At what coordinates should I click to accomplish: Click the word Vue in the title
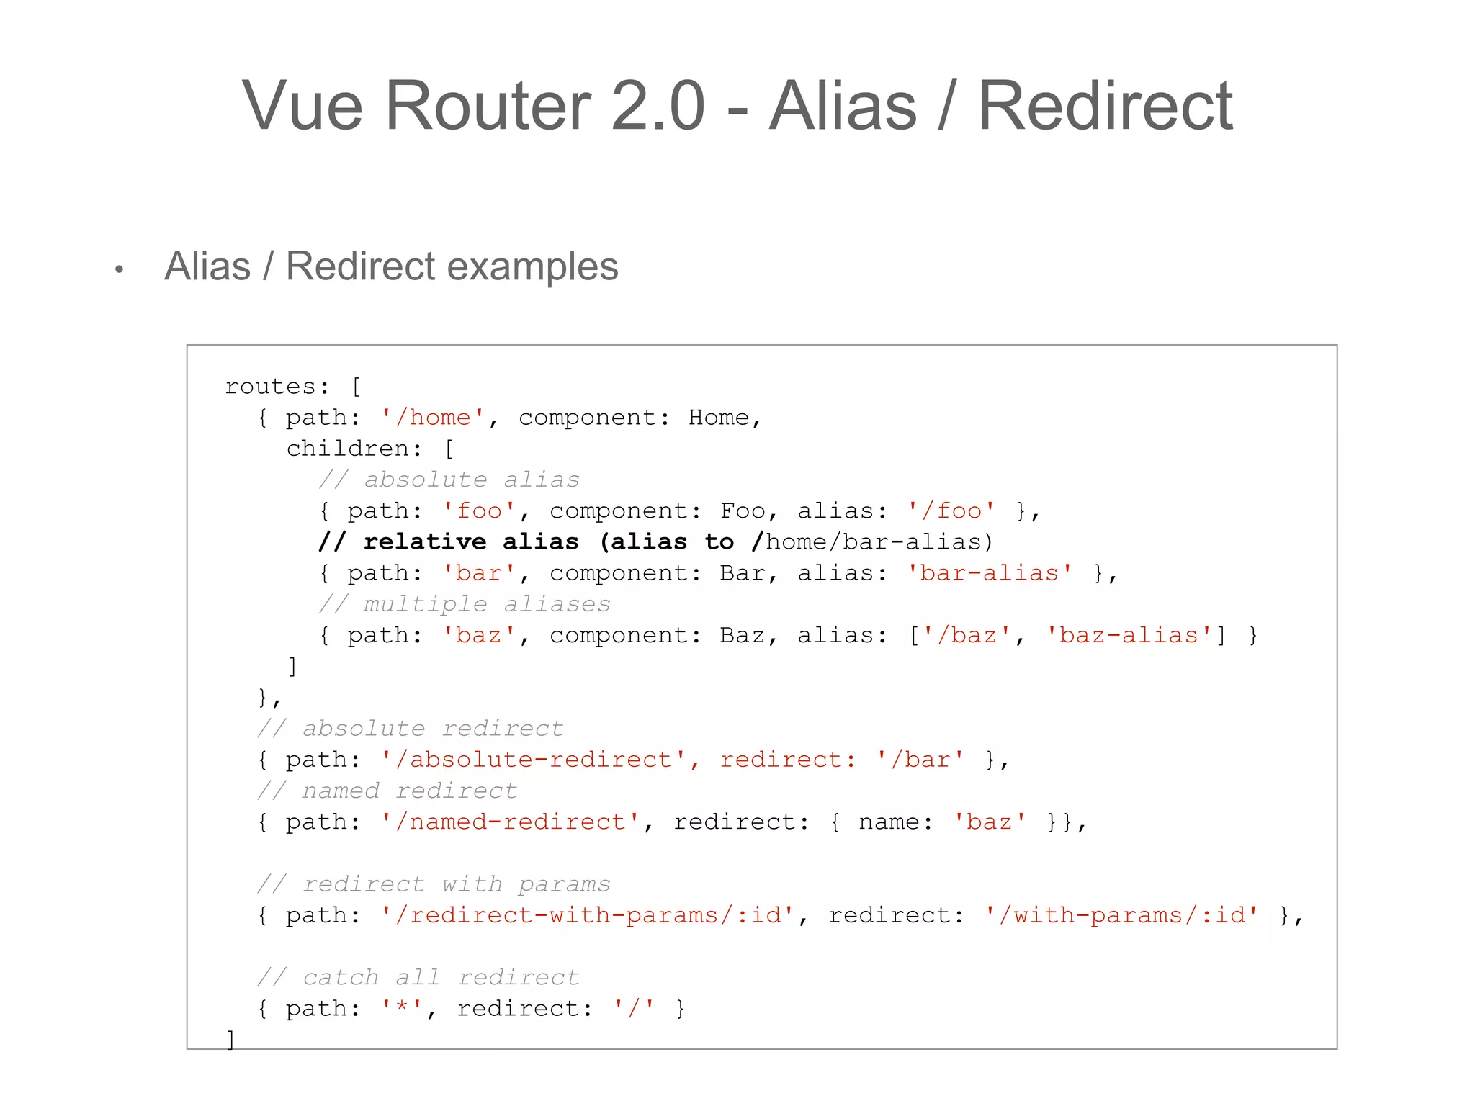(x=302, y=106)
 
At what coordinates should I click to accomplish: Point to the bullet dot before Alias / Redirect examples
(x=120, y=270)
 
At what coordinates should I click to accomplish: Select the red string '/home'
(x=433, y=418)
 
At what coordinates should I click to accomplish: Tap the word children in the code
(x=348, y=449)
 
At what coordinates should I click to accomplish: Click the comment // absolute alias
(x=449, y=480)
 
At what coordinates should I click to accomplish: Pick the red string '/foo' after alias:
(x=951, y=511)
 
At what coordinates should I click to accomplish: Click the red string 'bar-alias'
(x=989, y=573)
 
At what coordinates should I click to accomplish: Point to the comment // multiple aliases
(x=465, y=604)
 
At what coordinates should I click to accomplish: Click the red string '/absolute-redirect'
(x=533, y=760)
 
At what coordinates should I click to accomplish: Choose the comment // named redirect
(x=387, y=791)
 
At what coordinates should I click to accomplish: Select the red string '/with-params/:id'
(x=1121, y=915)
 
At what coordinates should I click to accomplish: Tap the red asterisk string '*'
(x=402, y=1008)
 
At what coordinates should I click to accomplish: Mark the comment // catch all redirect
(x=418, y=977)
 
